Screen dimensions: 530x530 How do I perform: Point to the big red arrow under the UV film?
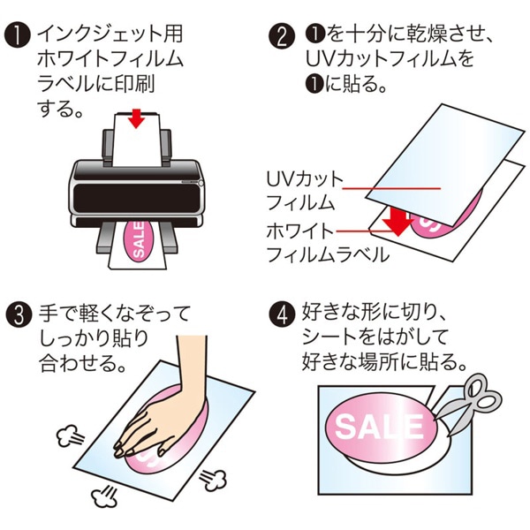click(x=399, y=221)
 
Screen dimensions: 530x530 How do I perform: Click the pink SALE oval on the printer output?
click(x=140, y=241)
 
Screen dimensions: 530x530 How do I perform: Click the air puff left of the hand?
click(x=68, y=435)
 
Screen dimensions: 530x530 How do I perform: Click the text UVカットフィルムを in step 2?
click(x=389, y=61)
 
